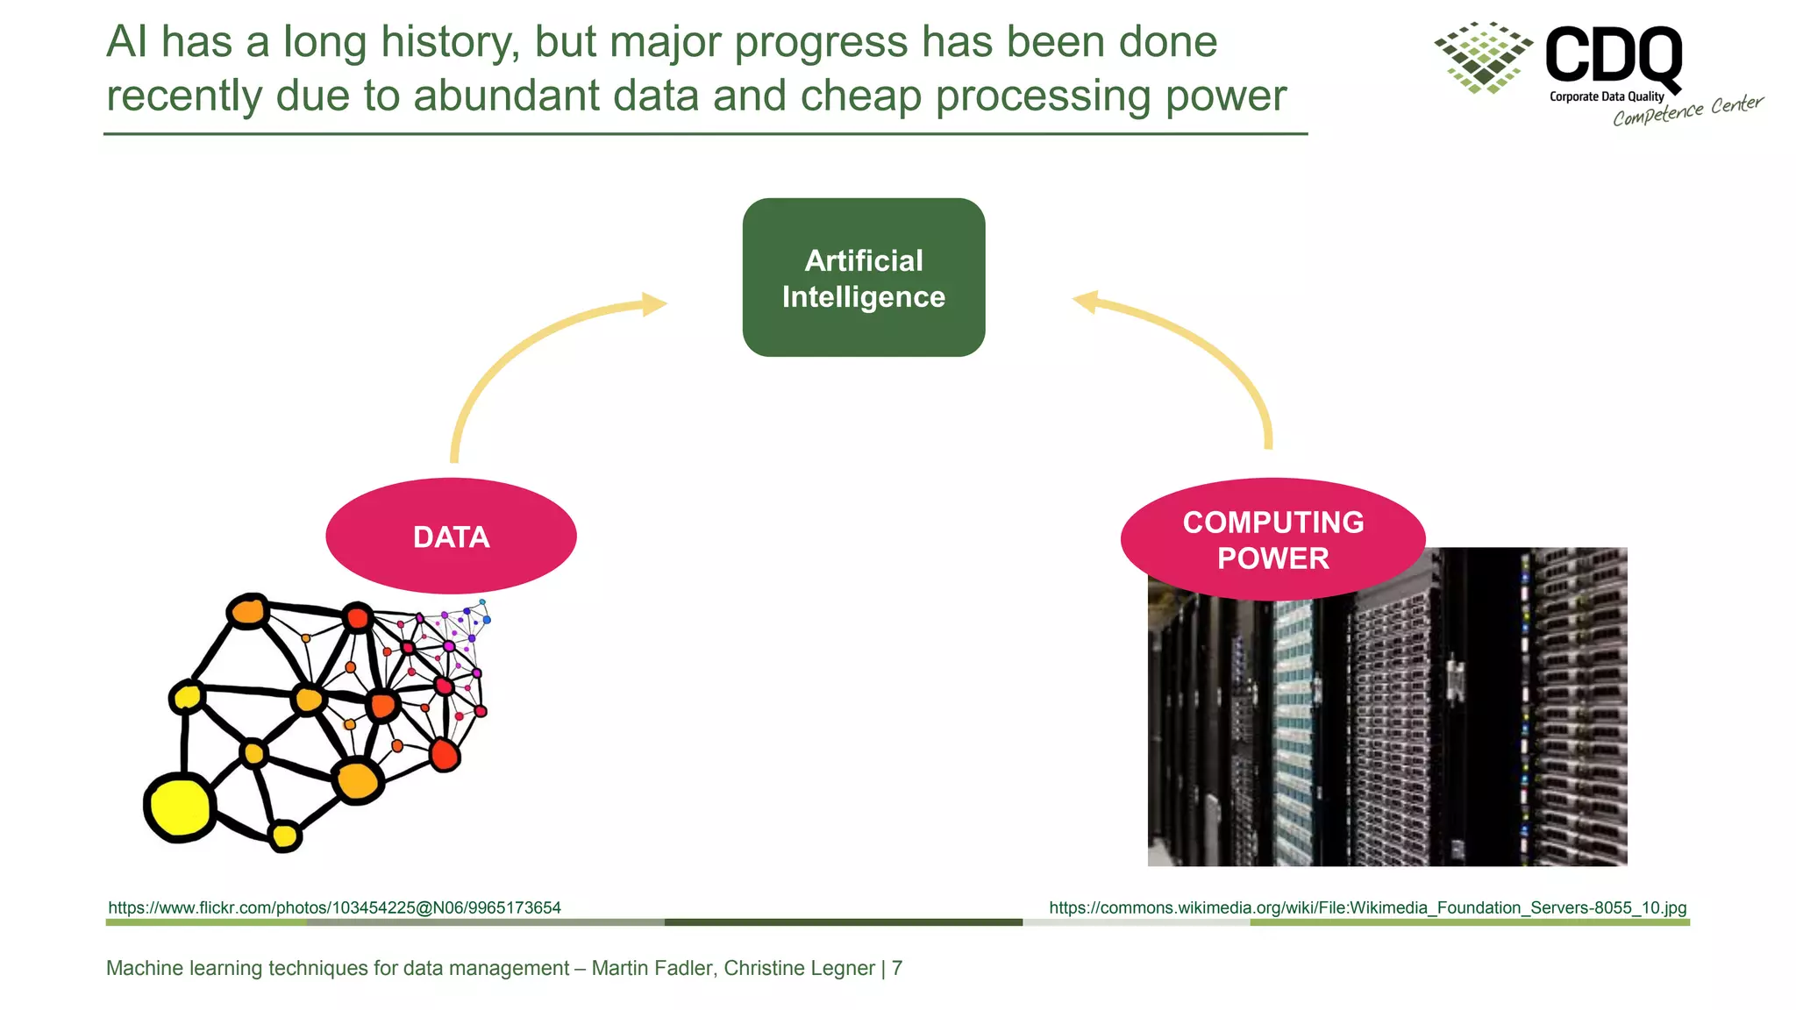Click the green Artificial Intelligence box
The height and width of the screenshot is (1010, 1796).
coord(863,277)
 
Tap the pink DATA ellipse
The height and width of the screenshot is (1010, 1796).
coord(451,536)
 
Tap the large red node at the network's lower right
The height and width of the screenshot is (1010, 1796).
coord(445,755)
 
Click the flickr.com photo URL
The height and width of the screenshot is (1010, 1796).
coord(334,907)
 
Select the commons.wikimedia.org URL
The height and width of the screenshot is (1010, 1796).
coord(1367,907)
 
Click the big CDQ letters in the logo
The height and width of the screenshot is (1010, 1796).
coord(1613,55)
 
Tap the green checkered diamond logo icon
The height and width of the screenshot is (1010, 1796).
coord(1483,57)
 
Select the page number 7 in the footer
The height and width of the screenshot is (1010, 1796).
coord(897,968)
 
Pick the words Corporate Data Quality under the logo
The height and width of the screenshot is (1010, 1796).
coord(1606,96)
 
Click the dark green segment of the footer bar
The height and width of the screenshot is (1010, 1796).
coord(843,922)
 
